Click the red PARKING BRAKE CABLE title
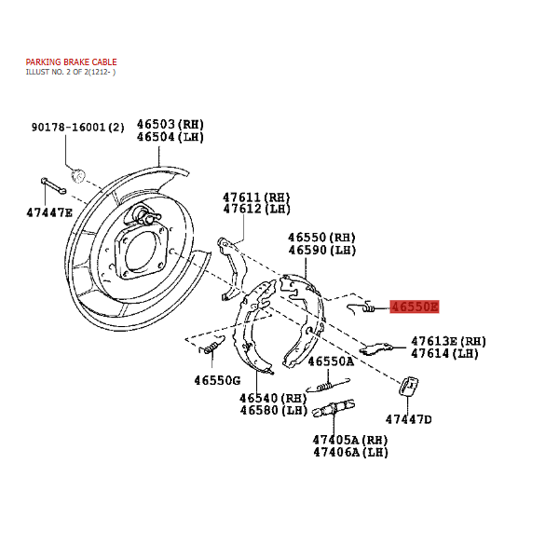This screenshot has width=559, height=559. coord(72,62)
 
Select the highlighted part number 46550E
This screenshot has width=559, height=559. coord(415,307)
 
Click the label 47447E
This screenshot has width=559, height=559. coord(49,212)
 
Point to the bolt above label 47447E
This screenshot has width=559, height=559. coord(53,185)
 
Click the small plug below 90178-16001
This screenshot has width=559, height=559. coord(78,175)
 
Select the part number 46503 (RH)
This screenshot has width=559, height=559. coord(170,125)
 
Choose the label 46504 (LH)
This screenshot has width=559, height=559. coord(170,137)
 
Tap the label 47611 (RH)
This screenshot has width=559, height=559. coord(256,198)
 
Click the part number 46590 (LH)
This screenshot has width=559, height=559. coord(322,251)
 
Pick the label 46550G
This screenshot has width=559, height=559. coord(217,380)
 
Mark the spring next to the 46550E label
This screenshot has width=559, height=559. coord(361,307)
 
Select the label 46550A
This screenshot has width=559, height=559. coord(331,361)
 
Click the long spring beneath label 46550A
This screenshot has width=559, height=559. coord(328,385)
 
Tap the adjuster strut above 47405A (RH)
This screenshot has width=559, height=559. coord(334,409)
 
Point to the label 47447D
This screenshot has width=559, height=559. coord(409,419)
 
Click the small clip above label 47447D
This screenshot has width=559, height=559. coord(409,386)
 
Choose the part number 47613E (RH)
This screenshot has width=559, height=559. coord(448,341)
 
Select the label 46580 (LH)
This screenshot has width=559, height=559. coord(273,410)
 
